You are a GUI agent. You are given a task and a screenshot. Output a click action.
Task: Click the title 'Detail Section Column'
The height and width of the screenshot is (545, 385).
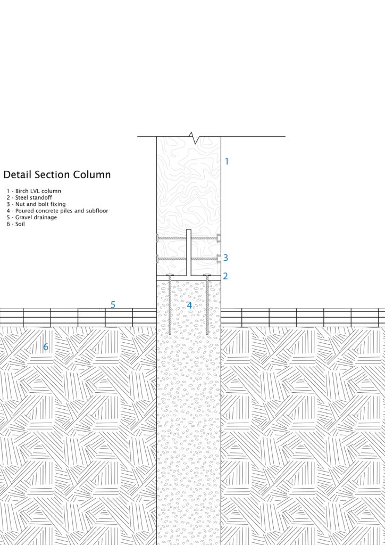[x=57, y=175]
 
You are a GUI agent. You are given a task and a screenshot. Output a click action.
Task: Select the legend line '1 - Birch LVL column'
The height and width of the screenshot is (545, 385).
[x=34, y=191]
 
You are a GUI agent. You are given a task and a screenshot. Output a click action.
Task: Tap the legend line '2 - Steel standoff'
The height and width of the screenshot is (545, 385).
[x=30, y=197]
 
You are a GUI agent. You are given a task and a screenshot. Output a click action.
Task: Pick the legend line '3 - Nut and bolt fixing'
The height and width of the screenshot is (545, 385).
[x=36, y=204]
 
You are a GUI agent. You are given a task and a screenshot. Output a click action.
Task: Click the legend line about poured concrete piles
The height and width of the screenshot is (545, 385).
[x=57, y=211]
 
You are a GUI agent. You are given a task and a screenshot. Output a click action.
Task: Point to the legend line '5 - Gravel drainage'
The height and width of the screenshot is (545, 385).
[x=32, y=217]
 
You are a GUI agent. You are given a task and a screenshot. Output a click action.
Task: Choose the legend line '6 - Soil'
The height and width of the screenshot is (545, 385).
[x=16, y=224]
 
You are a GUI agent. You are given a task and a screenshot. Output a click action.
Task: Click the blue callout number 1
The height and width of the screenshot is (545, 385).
[x=227, y=161]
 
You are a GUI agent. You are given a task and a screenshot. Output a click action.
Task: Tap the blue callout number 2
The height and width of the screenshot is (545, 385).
[x=225, y=276]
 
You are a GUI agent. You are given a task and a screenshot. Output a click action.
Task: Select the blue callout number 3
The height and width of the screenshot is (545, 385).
[x=225, y=258]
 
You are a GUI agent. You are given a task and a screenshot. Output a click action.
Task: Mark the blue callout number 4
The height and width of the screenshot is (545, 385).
[x=189, y=305]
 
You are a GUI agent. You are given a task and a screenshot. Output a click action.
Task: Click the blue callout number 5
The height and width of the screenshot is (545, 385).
[x=113, y=305]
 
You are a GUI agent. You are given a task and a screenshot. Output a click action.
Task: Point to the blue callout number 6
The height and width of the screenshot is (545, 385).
[x=46, y=348]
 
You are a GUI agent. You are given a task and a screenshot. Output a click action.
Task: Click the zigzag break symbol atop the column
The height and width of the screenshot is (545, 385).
[x=195, y=138]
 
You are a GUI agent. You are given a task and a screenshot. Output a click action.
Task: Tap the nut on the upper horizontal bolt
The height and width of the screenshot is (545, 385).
[x=219, y=238]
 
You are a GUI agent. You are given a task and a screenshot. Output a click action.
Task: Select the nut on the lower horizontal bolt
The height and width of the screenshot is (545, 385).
[x=219, y=259]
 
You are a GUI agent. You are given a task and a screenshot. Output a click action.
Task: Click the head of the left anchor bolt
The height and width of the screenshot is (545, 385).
[x=170, y=276]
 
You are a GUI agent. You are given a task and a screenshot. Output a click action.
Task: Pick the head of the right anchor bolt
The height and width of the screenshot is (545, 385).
[x=207, y=276]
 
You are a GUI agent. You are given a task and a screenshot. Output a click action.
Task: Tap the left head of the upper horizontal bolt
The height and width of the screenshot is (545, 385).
[x=157, y=238]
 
